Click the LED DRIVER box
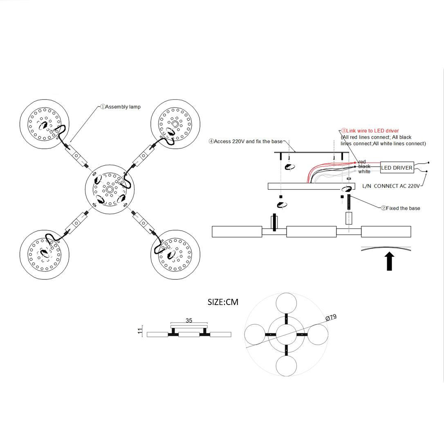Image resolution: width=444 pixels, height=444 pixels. pyautogui.click(x=397, y=168)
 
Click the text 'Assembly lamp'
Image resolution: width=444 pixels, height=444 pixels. pyautogui.click(x=123, y=107)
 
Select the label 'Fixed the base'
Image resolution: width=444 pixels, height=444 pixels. pyautogui.click(x=403, y=208)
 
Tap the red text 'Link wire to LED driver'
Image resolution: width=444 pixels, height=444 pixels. pyautogui.click(x=372, y=131)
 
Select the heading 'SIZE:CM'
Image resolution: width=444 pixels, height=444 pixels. pyautogui.click(x=223, y=302)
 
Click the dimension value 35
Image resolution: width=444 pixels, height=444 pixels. pyautogui.click(x=189, y=321)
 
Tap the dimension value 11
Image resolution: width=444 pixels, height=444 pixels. pyautogui.click(x=140, y=331)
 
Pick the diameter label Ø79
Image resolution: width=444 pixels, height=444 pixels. pyautogui.click(x=331, y=318)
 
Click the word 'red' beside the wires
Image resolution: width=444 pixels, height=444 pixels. pyautogui.click(x=362, y=162)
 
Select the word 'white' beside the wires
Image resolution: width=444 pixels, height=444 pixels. pyautogui.click(x=364, y=172)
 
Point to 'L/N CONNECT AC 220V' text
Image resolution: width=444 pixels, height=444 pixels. pyautogui.click(x=391, y=186)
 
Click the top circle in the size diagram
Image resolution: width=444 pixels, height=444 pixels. pyautogui.click(x=286, y=304)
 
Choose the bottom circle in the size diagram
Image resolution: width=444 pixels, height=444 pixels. pyautogui.click(x=286, y=366)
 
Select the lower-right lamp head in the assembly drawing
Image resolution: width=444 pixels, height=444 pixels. pyautogui.click(x=175, y=255)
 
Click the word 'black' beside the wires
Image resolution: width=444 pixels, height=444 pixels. pyautogui.click(x=364, y=167)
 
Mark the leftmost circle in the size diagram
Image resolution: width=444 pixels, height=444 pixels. pyautogui.click(x=255, y=334)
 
